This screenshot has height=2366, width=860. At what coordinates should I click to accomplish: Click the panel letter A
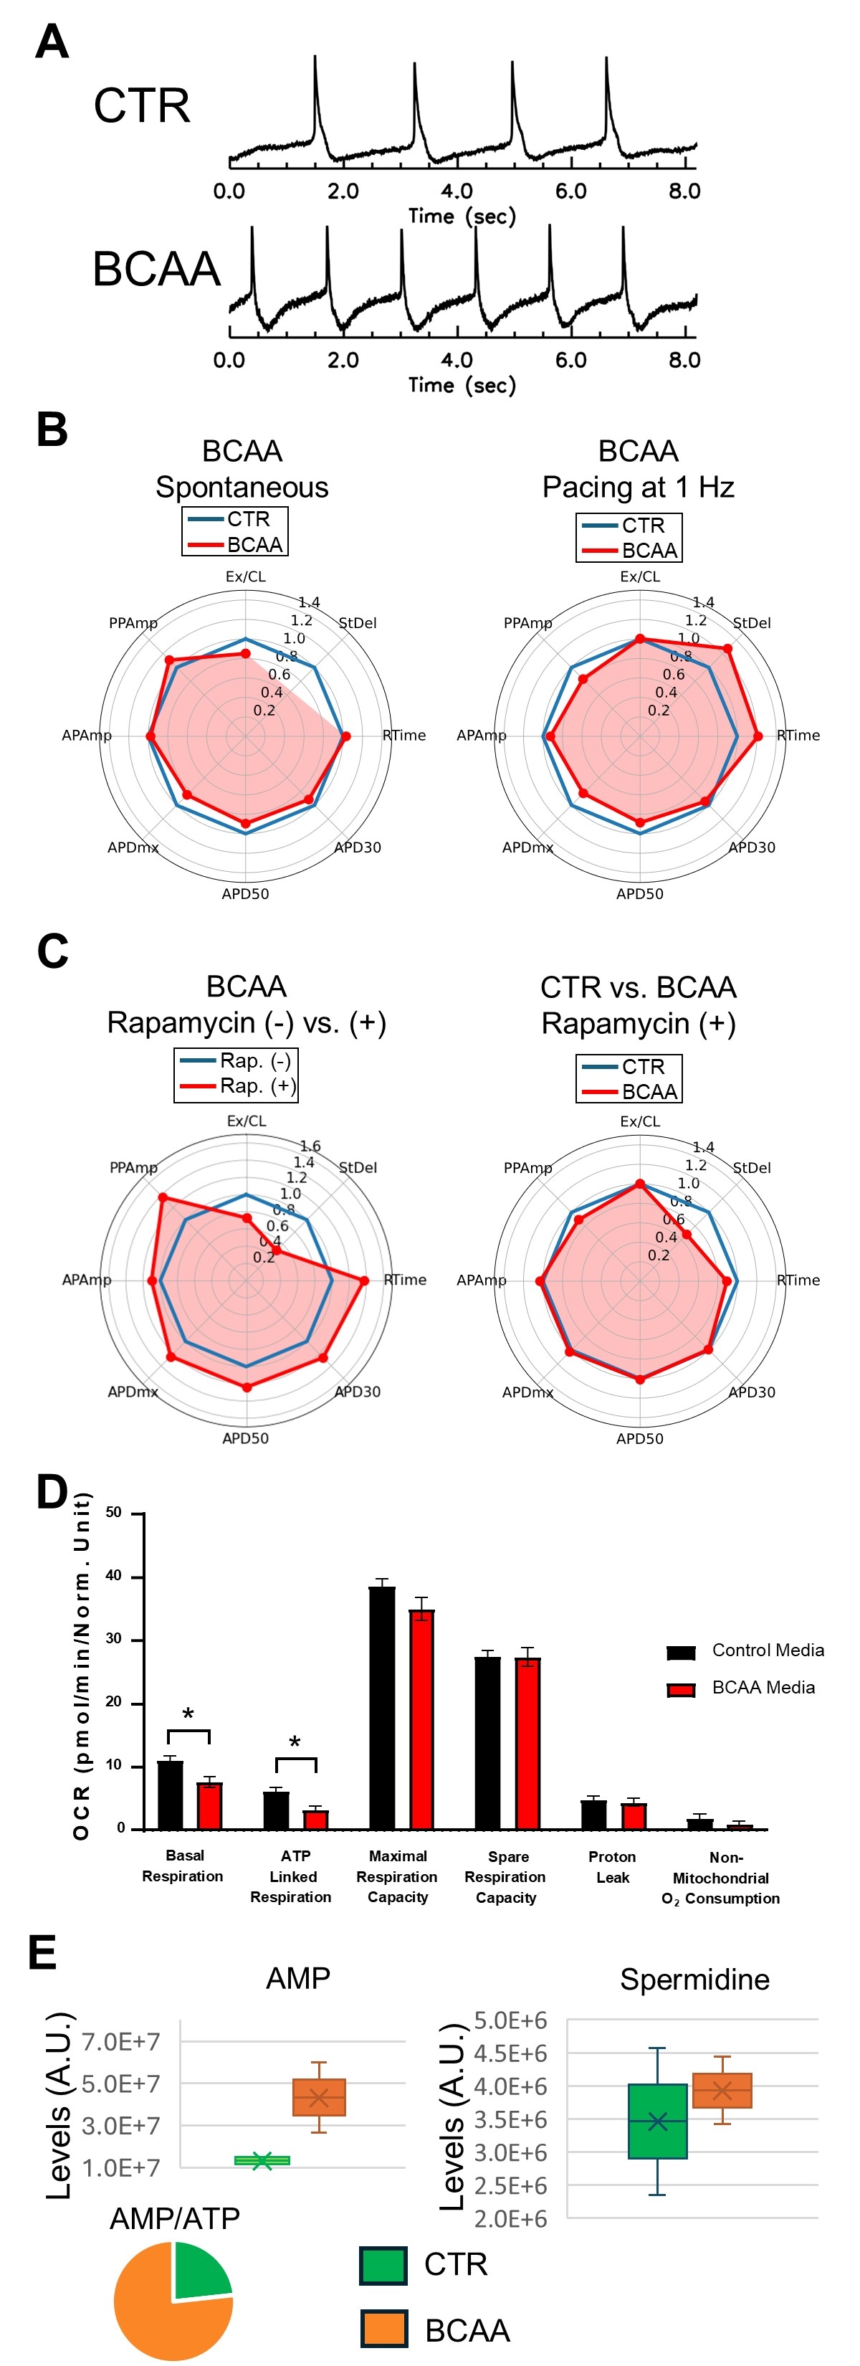[x=52, y=42]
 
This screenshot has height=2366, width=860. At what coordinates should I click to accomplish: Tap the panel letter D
[x=52, y=1491]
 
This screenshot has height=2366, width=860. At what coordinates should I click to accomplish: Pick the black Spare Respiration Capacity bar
[x=487, y=1742]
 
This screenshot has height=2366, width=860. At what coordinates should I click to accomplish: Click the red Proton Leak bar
[x=634, y=1816]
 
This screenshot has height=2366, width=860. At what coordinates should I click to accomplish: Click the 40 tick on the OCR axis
[x=114, y=1576]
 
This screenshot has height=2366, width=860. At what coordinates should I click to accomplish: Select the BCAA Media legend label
[x=763, y=1687]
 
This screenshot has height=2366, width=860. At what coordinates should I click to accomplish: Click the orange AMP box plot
[x=318, y=2097]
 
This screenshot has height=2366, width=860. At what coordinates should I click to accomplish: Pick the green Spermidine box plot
[x=657, y=2120]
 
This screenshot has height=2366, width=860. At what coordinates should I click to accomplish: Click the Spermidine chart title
[x=694, y=1980]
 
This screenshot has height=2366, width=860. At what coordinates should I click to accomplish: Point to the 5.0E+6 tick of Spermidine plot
[x=510, y=2020]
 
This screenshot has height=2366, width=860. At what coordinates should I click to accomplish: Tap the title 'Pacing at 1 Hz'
[x=638, y=487]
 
